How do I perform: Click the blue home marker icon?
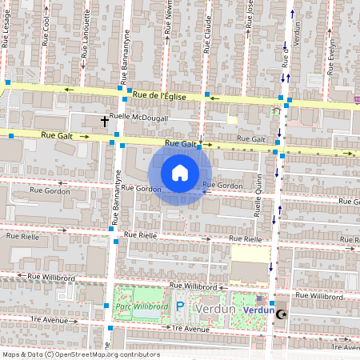coord(180,173)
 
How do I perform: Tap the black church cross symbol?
coord(105,122)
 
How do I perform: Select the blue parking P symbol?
coord(180,306)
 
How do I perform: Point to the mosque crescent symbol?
coord(280,315)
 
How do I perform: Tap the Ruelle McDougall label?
coord(139,118)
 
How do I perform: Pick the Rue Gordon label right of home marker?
coord(222,186)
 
